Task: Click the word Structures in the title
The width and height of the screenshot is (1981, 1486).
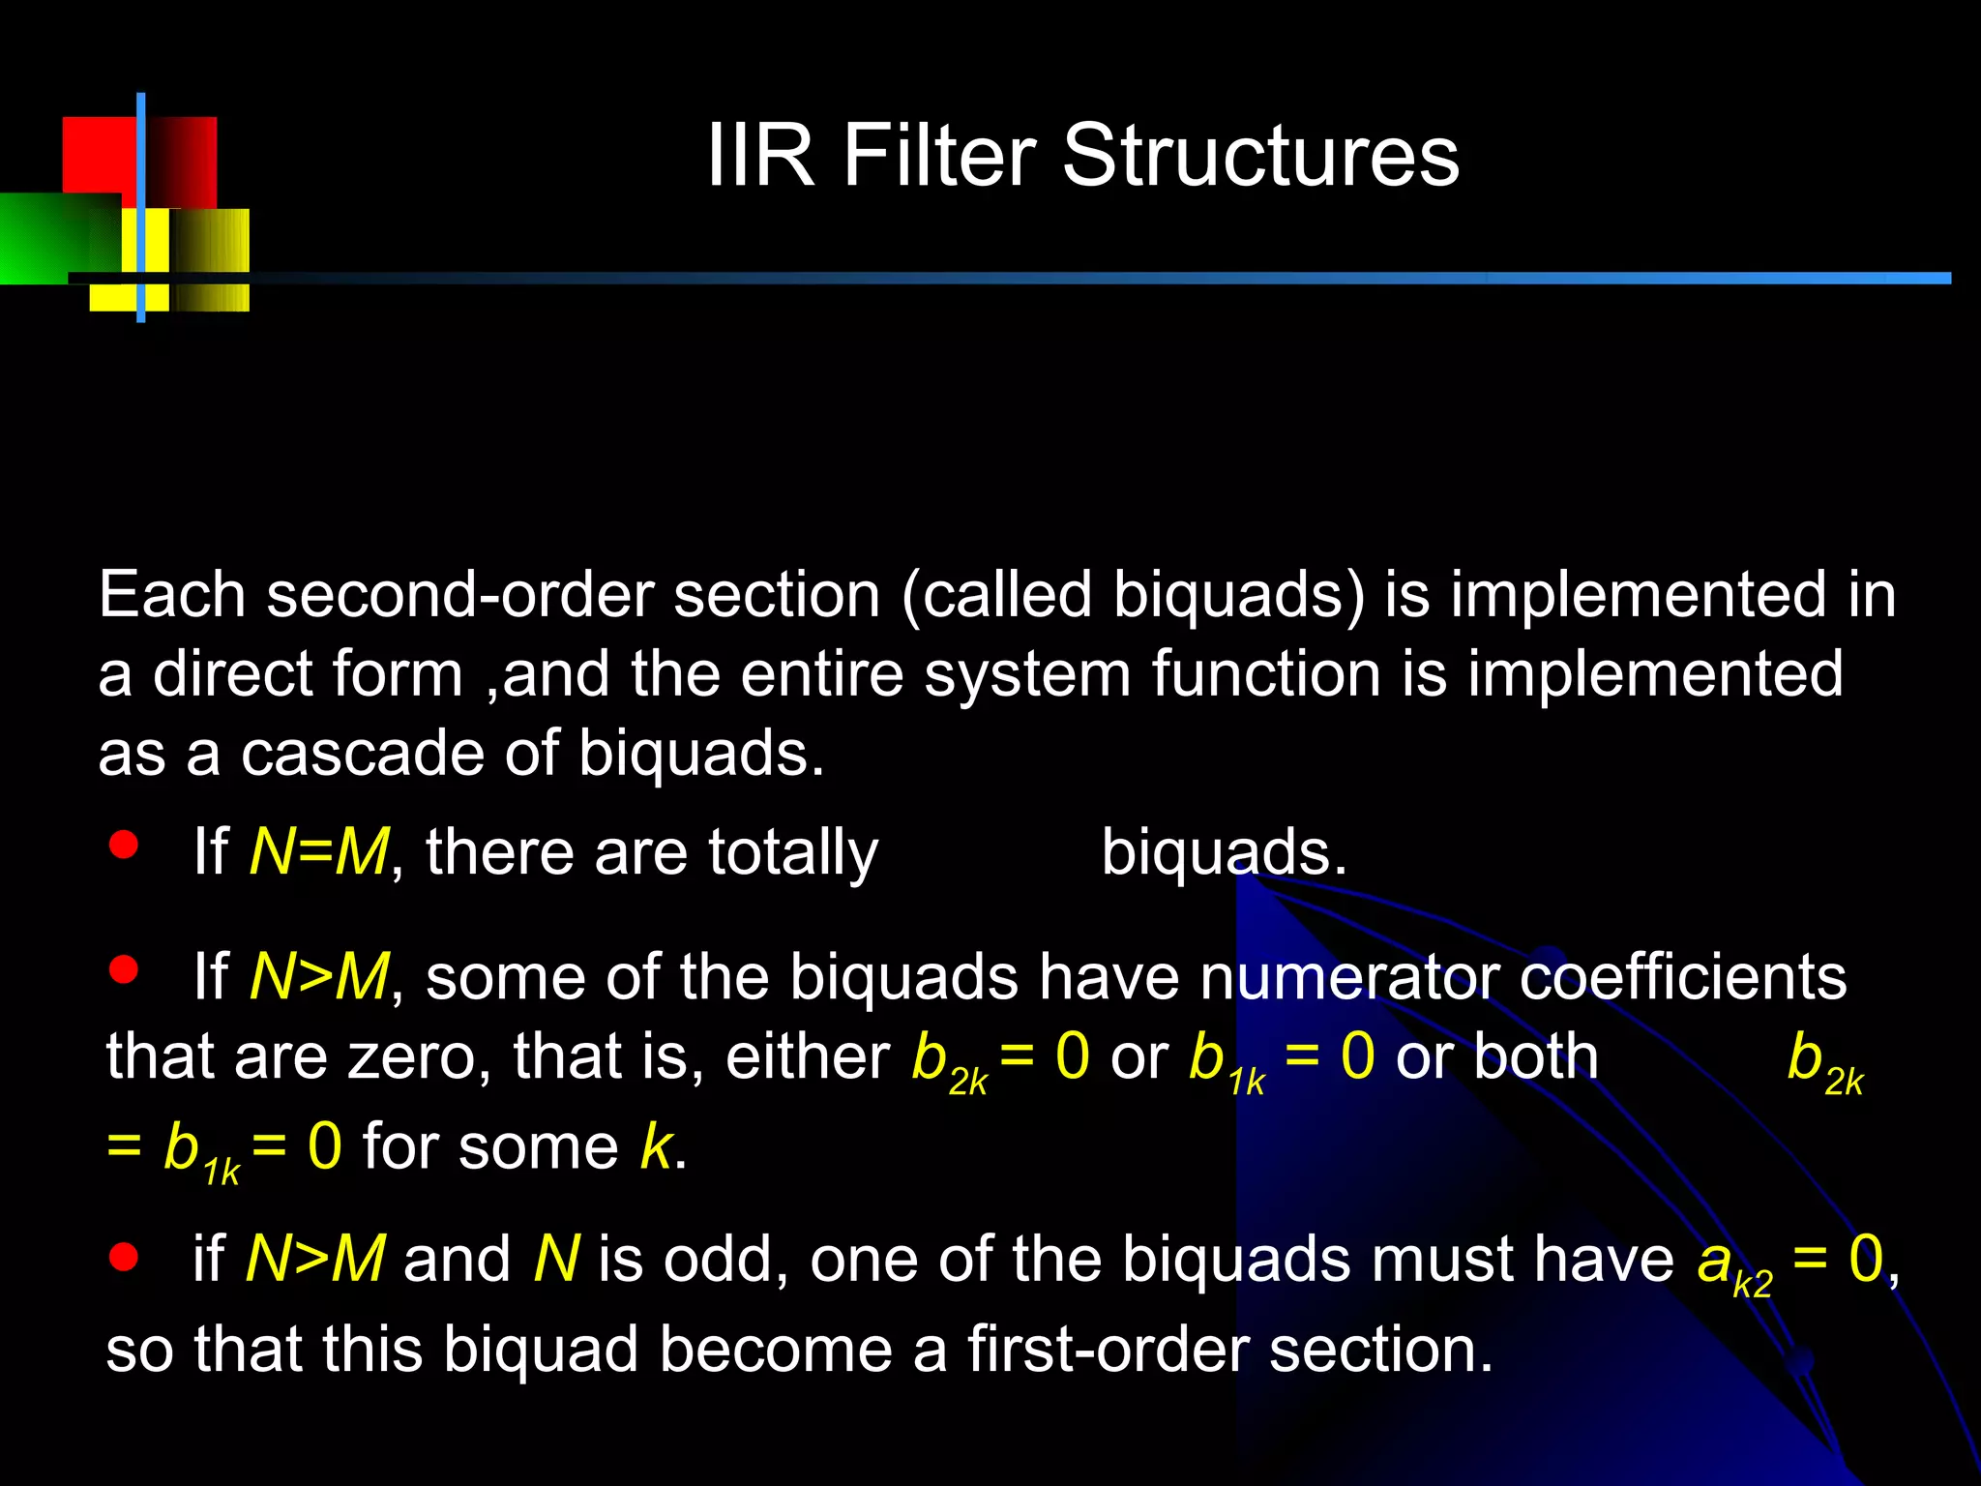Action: tap(1260, 157)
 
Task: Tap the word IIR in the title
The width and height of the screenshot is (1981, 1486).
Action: tap(760, 157)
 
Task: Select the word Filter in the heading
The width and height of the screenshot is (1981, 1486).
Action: tap(938, 157)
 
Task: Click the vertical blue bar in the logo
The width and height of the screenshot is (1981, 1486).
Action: tap(141, 208)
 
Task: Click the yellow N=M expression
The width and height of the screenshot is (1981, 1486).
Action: tap(319, 852)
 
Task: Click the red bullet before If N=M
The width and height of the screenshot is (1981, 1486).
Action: tap(124, 845)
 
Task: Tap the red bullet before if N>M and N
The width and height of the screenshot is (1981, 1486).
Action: tap(124, 1257)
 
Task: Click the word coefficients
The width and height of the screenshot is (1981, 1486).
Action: tap(1683, 977)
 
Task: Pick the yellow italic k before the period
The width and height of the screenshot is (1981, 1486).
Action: tap(656, 1147)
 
